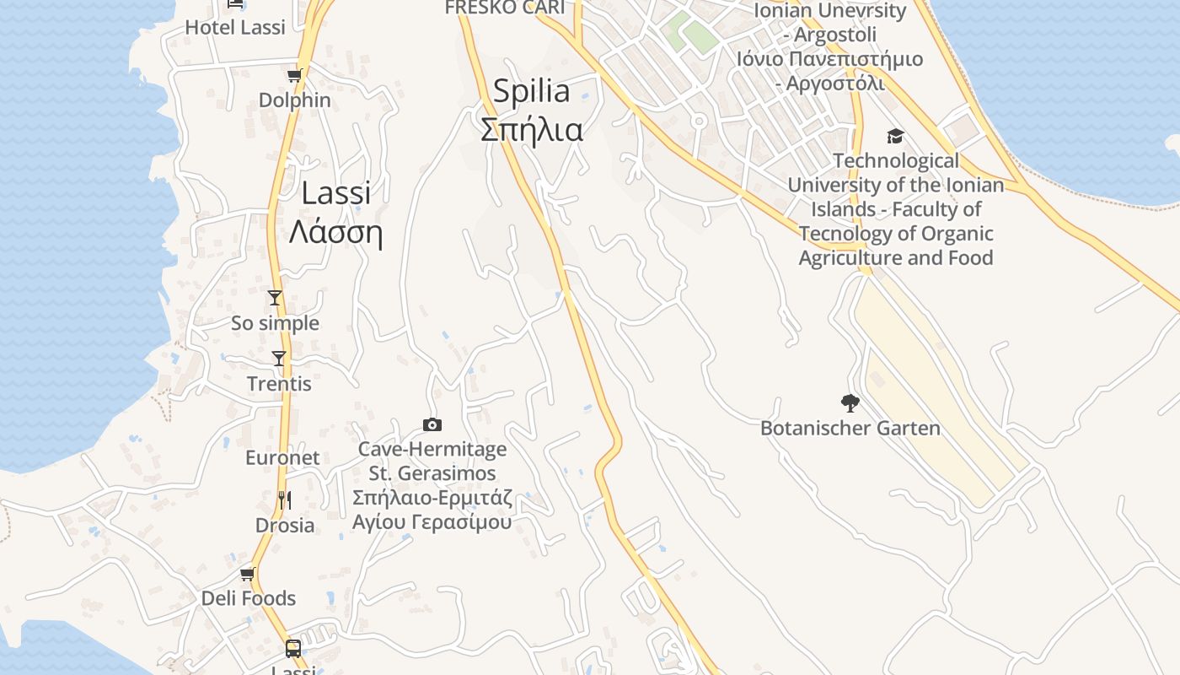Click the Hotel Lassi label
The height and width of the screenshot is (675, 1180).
coord(235,27)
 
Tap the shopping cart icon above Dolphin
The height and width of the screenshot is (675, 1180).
coord(294,76)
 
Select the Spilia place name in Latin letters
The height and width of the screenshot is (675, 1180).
coord(531,91)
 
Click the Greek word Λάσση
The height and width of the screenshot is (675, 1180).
coord(335,232)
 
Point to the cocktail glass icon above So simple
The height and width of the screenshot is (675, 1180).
coord(275,298)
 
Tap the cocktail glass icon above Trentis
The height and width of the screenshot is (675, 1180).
coord(279,359)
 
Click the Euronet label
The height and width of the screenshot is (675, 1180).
coord(282,458)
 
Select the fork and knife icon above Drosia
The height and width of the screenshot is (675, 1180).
coord(284,500)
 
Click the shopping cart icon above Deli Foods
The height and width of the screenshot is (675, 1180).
coord(247,575)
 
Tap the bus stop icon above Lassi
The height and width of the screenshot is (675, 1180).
coord(293,649)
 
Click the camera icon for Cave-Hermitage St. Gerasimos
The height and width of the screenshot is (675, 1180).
coord(432,425)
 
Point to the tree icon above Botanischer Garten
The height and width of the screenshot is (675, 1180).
coord(850,403)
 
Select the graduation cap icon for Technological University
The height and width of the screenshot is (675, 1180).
coord(895,137)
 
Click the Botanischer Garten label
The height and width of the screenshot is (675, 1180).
coord(850,428)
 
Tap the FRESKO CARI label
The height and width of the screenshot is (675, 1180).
coord(504,8)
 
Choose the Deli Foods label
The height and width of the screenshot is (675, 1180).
coord(249,598)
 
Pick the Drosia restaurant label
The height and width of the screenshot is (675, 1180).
coord(285,525)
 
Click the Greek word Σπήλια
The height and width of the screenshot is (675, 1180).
coord(531,129)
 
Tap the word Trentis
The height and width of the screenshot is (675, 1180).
coord(279,384)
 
